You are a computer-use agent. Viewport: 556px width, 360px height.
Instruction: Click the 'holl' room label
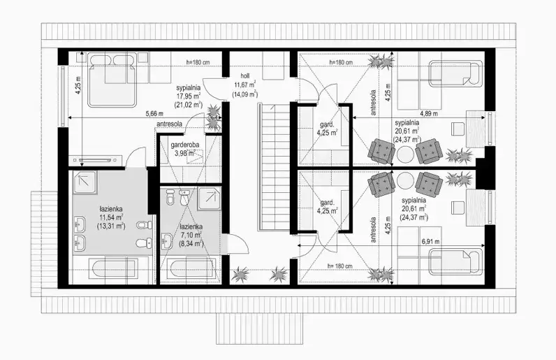244,76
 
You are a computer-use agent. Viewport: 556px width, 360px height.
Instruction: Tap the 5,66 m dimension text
154,114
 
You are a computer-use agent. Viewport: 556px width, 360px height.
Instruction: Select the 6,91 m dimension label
431,242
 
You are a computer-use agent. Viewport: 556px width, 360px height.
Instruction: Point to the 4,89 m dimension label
429,114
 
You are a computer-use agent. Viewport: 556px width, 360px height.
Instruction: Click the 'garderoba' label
184,145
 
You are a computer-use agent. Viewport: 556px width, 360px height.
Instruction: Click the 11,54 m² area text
111,217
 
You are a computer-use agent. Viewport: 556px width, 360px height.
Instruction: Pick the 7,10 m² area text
191,235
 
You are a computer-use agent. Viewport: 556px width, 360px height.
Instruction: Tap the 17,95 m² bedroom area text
189,96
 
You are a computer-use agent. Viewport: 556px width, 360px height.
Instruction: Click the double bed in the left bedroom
112,80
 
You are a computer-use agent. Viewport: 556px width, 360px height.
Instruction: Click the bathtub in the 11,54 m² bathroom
105,271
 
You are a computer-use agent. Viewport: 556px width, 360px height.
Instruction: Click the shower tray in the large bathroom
85,182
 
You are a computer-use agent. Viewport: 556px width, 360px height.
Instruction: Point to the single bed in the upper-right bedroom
455,73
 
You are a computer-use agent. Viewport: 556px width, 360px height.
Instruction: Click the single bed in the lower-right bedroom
455,262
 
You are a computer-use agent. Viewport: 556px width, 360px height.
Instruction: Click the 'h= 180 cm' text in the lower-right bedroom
339,266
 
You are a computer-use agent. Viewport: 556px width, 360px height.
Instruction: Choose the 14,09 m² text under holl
244,94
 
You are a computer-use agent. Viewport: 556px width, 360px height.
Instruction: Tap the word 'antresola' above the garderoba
170,124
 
